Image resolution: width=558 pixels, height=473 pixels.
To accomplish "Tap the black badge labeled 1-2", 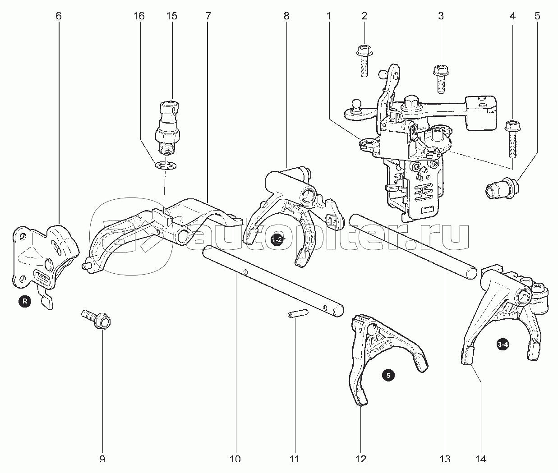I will (x=277, y=240).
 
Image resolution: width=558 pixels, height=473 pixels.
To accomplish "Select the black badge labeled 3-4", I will (x=503, y=345).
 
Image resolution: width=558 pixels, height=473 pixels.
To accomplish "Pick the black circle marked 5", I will (x=388, y=374).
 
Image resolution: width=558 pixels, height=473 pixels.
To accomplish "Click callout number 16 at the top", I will (x=139, y=16).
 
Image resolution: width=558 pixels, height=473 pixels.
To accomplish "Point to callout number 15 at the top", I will (x=171, y=16).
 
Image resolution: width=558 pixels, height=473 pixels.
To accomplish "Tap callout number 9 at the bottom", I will (x=102, y=459).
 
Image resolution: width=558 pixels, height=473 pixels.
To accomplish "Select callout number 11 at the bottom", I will (x=294, y=459).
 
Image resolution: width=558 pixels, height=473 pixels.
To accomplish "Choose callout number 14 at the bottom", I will (x=480, y=459).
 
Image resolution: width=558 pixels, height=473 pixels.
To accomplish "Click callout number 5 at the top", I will (x=537, y=16).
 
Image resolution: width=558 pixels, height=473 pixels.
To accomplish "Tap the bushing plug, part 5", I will (x=501, y=188).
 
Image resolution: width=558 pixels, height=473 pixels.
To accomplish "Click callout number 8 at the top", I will (x=286, y=16).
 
